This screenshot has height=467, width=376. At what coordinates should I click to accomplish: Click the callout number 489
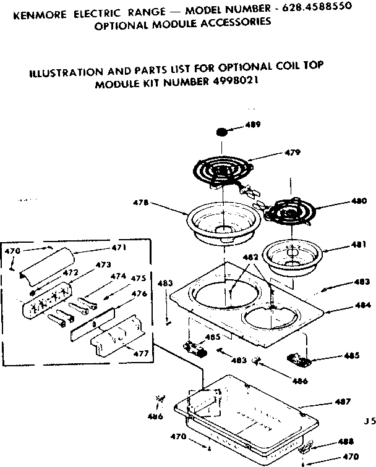point(252,125)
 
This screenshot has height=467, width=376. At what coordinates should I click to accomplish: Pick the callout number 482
point(250,257)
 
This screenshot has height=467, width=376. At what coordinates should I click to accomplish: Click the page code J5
point(370,423)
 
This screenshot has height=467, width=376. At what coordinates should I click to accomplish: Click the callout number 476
point(139,294)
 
